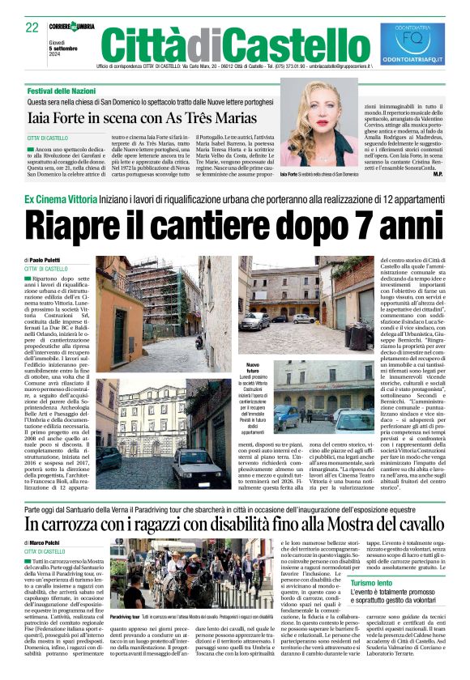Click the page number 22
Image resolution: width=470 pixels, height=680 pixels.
32,28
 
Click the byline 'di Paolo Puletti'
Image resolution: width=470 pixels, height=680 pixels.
47,260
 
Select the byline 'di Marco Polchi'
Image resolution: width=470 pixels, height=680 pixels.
46,543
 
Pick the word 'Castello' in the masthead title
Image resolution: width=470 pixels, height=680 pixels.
283,45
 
